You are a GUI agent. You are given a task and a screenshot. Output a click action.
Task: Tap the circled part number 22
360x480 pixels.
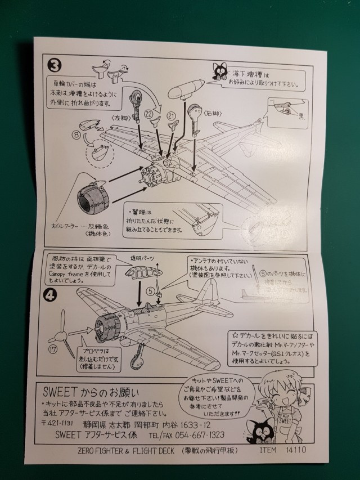[x=150, y=113]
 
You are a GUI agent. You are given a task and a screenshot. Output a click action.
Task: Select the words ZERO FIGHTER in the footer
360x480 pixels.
[x=101, y=451]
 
